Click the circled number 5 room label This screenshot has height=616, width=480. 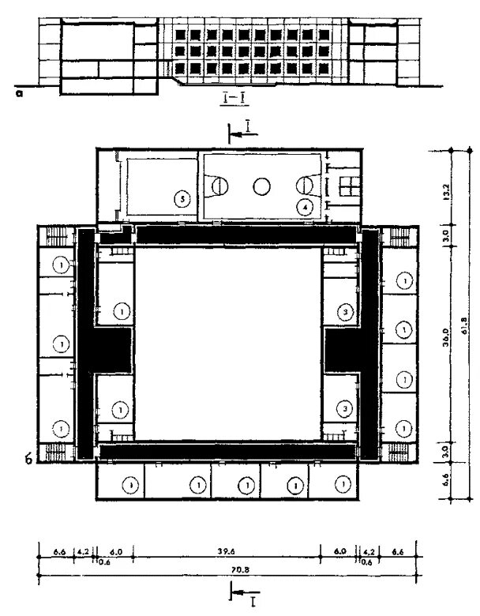coord(182,200)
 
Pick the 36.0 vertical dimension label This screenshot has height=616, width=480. coord(446,345)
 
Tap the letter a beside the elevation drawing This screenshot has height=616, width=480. coord(19,92)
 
